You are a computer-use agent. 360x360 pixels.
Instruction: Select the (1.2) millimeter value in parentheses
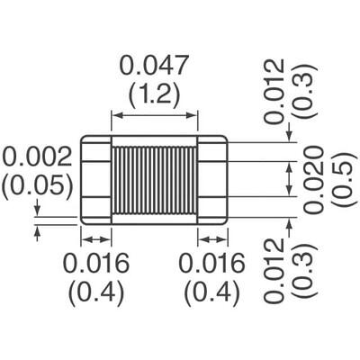point(154,94)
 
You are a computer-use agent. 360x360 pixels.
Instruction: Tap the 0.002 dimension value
point(37,158)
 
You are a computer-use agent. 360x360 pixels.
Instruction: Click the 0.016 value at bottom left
point(96,265)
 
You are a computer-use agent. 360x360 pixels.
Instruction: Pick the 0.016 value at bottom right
point(211,265)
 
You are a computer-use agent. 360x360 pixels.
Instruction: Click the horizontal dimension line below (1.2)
point(154,114)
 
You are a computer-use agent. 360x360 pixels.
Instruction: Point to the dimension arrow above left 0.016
point(95,238)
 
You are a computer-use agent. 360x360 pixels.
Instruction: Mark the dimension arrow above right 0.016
point(212,238)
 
